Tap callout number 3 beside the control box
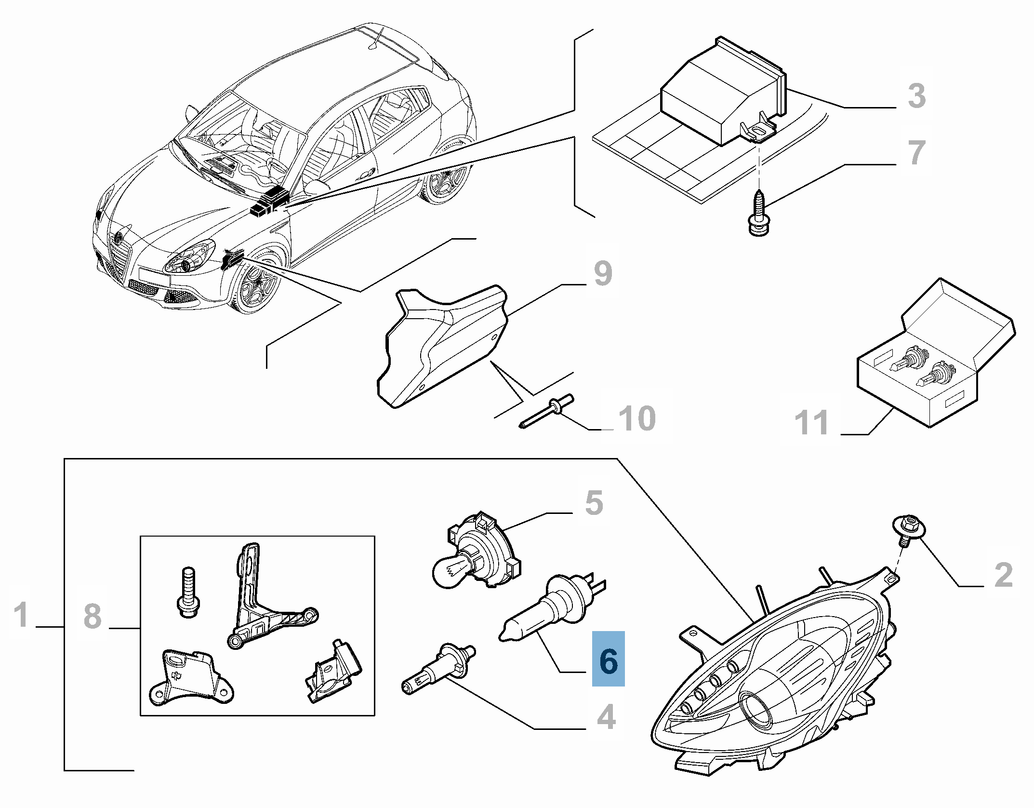pyautogui.click(x=916, y=95)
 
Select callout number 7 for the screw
pyautogui.click(x=916, y=152)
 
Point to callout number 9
pyautogui.click(x=603, y=273)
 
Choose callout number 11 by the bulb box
pyautogui.click(x=811, y=423)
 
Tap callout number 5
pyautogui.click(x=594, y=503)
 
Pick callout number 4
pyautogui.click(x=606, y=717)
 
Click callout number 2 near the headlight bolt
pyautogui.click(x=1004, y=575)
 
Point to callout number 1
pyautogui.click(x=21, y=615)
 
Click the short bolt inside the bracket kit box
pyautogui.click(x=188, y=593)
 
